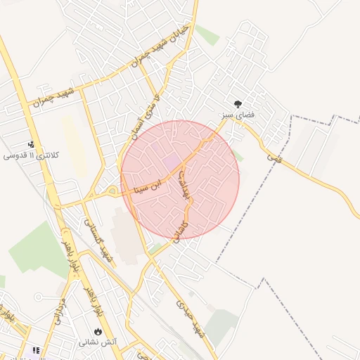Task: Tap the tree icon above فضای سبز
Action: pyautogui.click(x=238, y=103)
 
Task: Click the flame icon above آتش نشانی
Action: pyautogui.click(x=97, y=332)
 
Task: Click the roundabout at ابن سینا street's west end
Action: pyautogui.click(x=111, y=192)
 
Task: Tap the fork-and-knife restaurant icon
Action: pyautogui.click(x=35, y=350)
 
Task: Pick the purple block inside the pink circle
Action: pyautogui.click(x=171, y=162)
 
